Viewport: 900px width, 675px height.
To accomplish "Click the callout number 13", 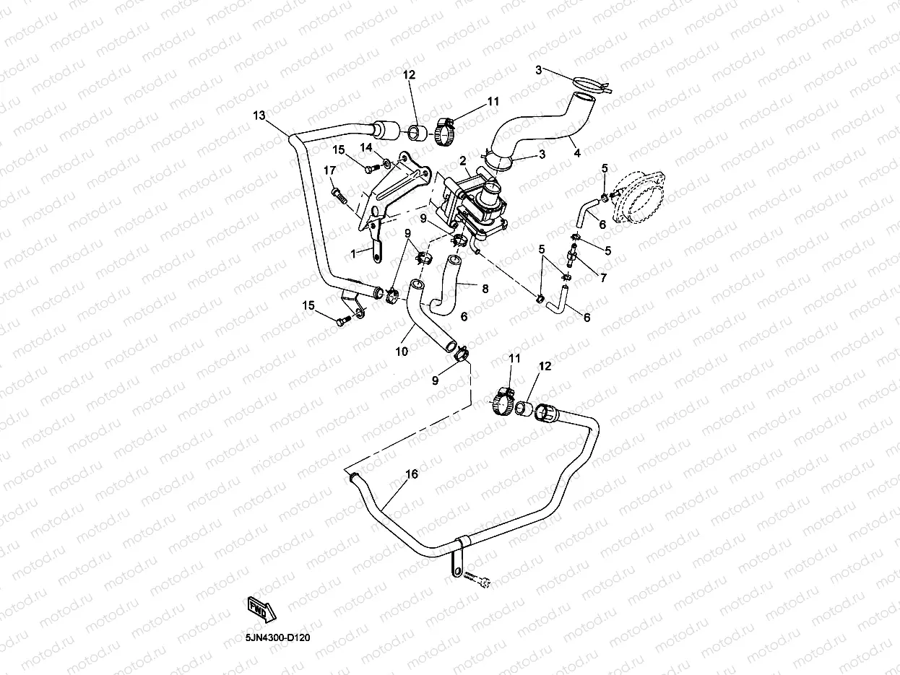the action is pos(259,116).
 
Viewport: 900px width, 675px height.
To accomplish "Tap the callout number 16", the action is pos(412,474).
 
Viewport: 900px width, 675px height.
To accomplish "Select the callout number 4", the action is pos(577,153).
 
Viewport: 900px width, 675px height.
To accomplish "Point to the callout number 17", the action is pos(329,170).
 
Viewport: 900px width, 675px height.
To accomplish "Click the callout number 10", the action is pos(402,352).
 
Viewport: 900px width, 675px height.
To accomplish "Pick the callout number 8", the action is pos(485,289).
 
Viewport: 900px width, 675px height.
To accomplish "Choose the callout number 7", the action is pos(603,278).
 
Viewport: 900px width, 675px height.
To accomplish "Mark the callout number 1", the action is pos(353,254).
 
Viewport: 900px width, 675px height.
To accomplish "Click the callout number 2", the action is pos(463,161).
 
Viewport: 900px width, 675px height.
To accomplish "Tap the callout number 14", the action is pos(366,147).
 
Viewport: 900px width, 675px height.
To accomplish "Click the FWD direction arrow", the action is pos(261,611).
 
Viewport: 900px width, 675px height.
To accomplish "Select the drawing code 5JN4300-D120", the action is pos(277,638).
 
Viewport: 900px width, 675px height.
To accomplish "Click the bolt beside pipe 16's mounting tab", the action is pos(477,580).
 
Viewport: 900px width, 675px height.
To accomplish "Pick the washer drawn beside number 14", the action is pos(386,165).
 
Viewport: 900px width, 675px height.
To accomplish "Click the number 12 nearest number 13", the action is pos(410,74).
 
